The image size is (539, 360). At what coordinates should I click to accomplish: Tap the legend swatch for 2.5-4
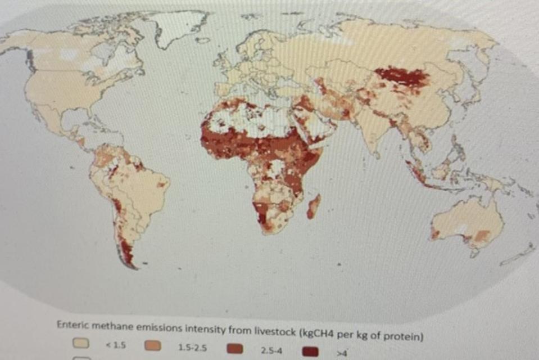pos(234,349)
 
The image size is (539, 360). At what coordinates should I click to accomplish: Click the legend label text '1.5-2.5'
pos(192,347)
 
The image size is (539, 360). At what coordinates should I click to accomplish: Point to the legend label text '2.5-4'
pos(271,350)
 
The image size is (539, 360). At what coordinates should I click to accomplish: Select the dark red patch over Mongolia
pos(401,77)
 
